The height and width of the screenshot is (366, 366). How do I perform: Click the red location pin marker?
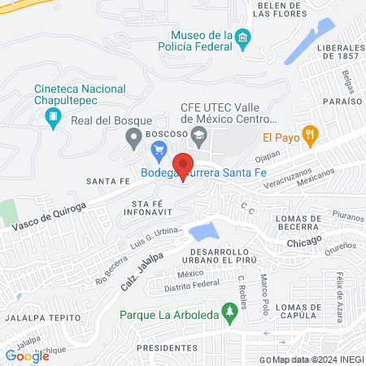[x=184, y=165]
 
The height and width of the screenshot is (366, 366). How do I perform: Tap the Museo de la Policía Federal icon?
[x=242, y=39]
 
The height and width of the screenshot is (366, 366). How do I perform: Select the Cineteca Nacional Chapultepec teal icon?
[x=54, y=120]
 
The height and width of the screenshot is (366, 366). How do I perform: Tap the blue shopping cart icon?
[x=159, y=150]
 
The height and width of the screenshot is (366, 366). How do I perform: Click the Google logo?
[x=27, y=355]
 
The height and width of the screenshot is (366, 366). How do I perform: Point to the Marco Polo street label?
[x=264, y=287]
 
